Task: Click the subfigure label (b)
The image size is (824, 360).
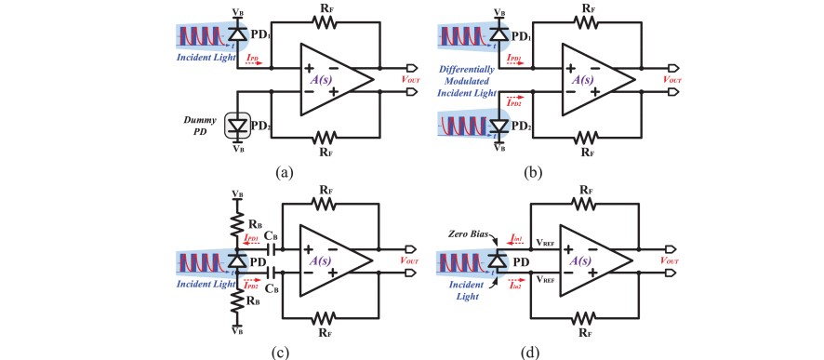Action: (554, 173)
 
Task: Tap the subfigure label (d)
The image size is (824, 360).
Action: (554, 351)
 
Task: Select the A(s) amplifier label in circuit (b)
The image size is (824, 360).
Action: (584, 80)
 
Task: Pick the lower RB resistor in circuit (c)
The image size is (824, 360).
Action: (236, 300)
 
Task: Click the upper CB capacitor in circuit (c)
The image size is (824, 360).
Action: (272, 249)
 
